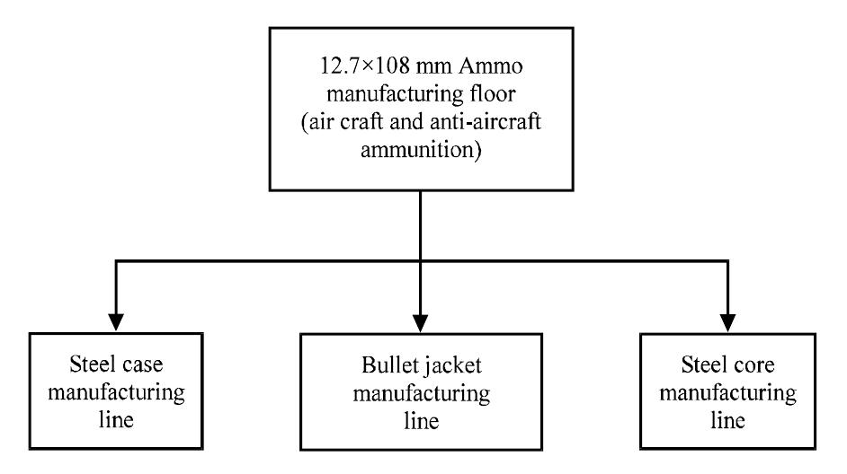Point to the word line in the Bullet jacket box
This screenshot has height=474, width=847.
point(419,420)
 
